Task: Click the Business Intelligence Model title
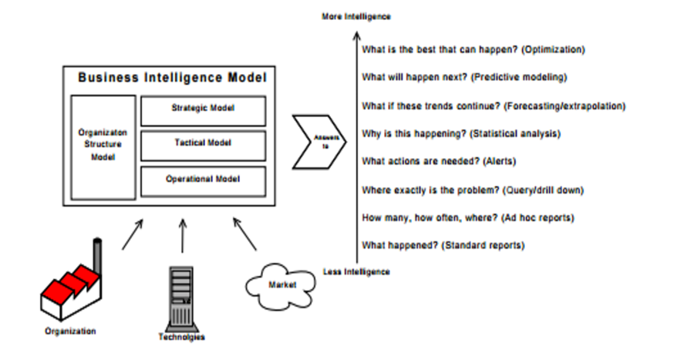coord(172,78)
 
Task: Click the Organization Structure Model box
coord(103,146)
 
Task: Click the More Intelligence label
coord(356,16)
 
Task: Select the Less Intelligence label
coord(356,271)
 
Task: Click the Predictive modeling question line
coord(464,78)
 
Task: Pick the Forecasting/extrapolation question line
coord(493,106)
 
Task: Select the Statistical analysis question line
coord(460,133)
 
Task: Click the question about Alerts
coord(439,161)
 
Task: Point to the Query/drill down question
coord(472,190)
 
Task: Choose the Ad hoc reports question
coord(467,217)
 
